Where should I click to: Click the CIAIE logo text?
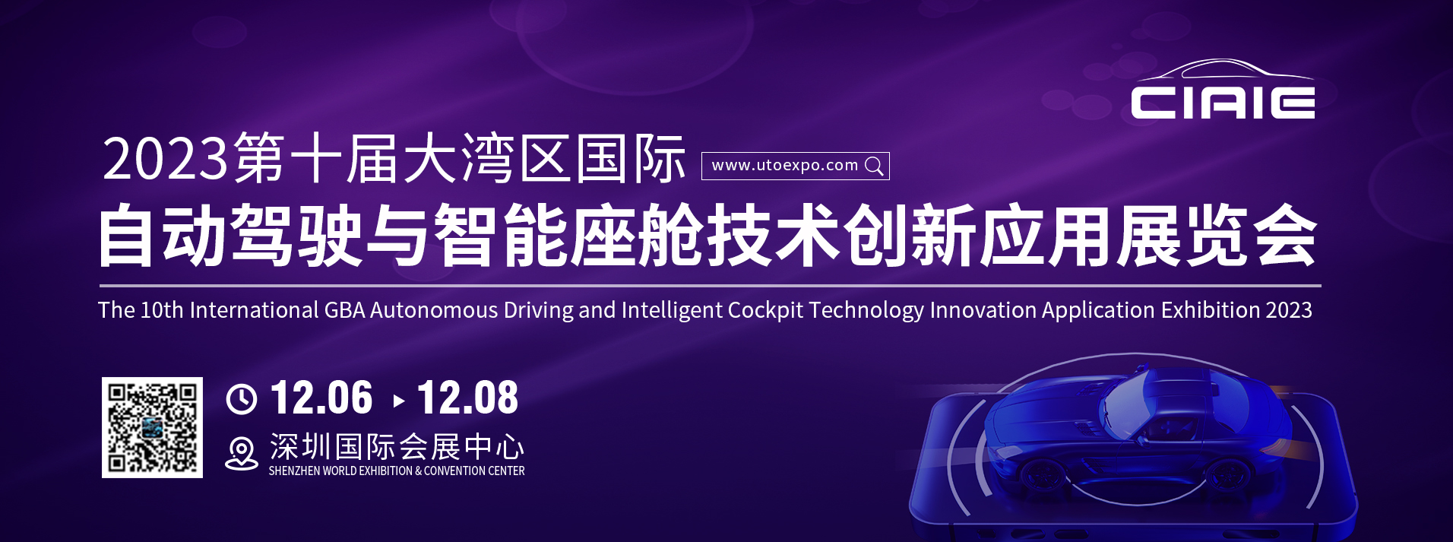point(1223,103)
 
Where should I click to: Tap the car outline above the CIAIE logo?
point(1225,69)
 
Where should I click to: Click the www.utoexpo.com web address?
point(784,165)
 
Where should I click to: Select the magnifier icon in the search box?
point(875,166)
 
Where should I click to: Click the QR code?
point(152,427)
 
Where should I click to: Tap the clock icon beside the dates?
point(242,399)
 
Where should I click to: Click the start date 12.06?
point(321,398)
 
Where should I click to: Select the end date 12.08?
point(467,398)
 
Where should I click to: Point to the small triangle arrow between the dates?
point(399,401)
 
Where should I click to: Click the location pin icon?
point(242,454)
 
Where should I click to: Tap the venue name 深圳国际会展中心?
point(397,447)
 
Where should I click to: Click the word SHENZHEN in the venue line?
point(294,471)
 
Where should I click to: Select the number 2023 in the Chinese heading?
point(165,159)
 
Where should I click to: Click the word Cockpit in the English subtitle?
point(765,310)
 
